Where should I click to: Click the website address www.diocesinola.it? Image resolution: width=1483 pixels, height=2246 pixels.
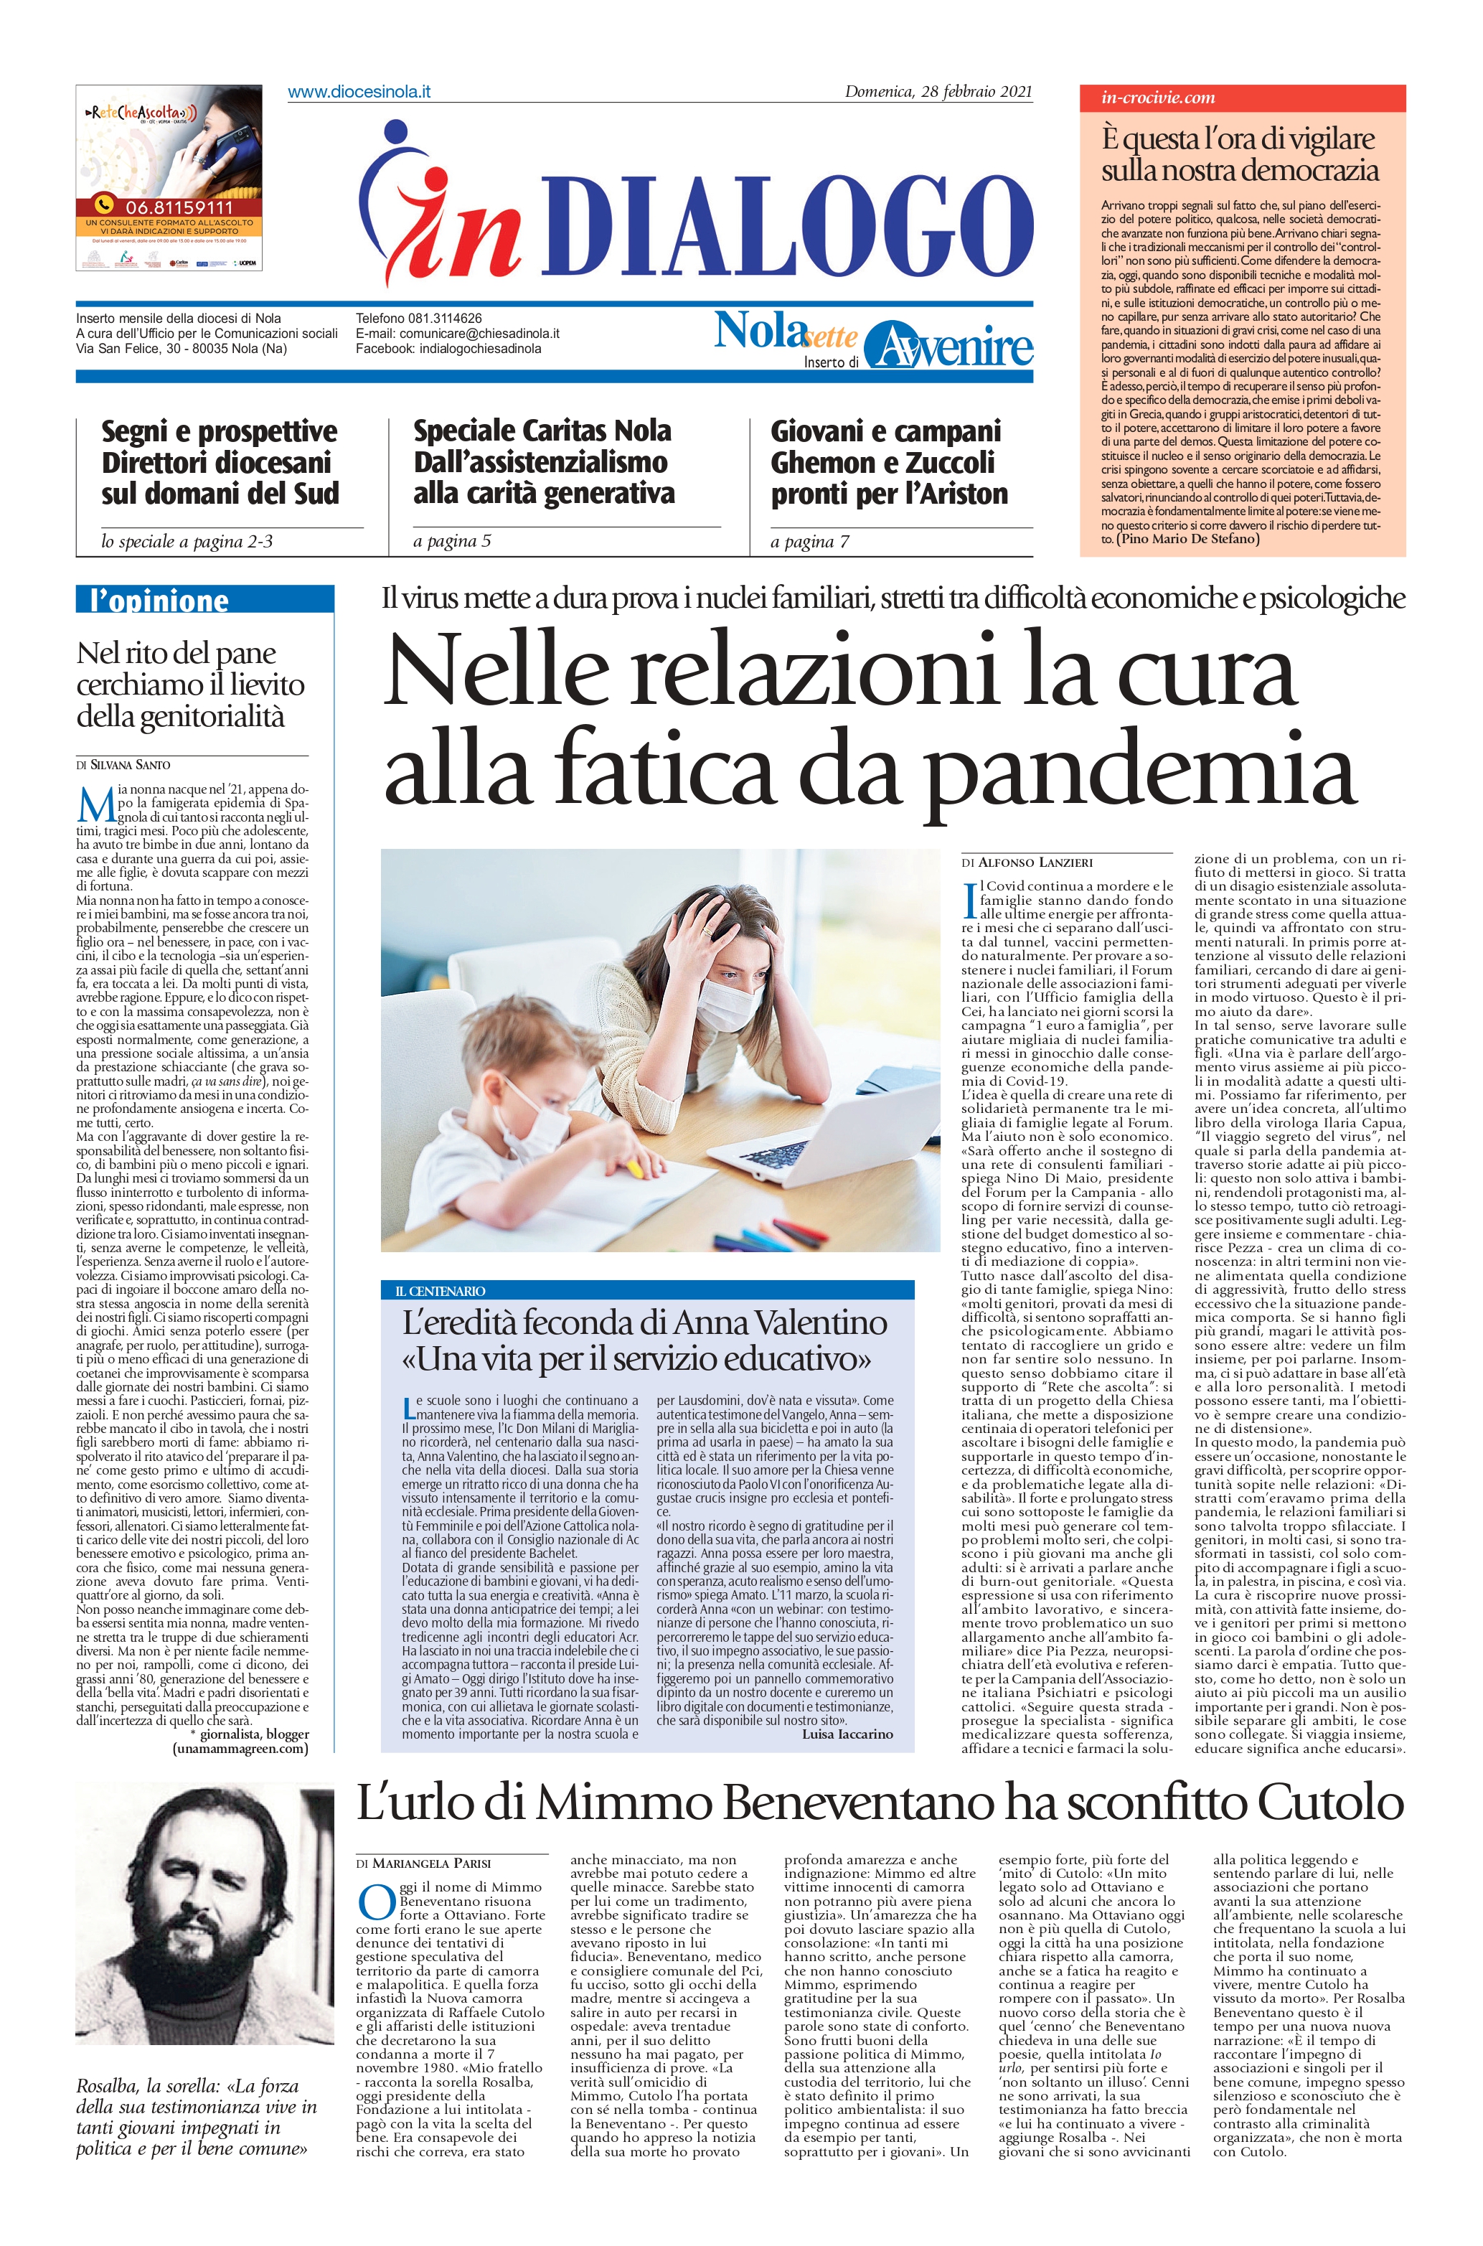pyautogui.click(x=359, y=92)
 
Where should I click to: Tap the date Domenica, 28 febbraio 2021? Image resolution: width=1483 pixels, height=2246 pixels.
pyautogui.click(x=938, y=92)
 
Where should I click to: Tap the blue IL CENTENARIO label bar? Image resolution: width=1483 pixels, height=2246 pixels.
pyautogui.click(x=648, y=1290)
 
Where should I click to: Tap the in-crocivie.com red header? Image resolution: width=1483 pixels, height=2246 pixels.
pyautogui.click(x=1242, y=98)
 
